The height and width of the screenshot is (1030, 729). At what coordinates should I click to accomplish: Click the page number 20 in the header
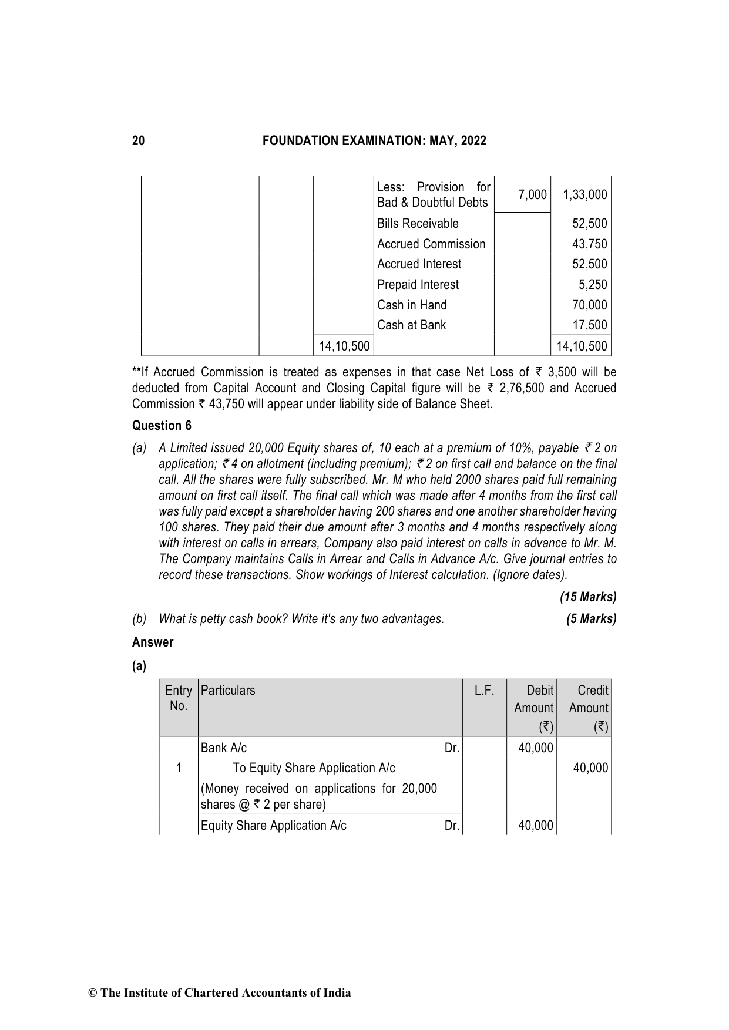[138, 141]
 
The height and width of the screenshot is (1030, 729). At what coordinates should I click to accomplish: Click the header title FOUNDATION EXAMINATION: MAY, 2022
[374, 141]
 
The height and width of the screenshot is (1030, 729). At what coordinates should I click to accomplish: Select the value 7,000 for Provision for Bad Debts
[532, 195]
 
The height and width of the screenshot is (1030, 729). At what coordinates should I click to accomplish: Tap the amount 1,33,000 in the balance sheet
[584, 195]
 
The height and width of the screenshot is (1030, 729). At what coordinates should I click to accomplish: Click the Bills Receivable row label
[418, 224]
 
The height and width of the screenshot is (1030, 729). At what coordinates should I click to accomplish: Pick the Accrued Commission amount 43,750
[589, 244]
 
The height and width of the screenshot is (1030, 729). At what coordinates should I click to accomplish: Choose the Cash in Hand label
[412, 305]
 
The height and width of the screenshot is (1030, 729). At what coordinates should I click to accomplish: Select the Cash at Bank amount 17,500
[589, 325]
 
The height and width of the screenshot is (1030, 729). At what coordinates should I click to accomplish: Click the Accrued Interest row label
[419, 264]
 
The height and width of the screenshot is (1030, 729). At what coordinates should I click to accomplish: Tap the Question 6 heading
[162, 426]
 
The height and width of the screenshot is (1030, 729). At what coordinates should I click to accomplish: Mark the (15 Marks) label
[587, 597]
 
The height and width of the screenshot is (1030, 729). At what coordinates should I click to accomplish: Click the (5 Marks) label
[591, 619]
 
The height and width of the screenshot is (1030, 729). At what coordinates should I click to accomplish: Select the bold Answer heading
[153, 642]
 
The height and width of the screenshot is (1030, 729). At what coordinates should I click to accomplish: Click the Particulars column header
[228, 691]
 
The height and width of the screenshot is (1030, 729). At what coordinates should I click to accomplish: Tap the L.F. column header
[484, 691]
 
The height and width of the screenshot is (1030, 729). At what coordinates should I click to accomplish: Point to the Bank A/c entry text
[224, 748]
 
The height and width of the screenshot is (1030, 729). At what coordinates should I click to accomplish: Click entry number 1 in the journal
[179, 768]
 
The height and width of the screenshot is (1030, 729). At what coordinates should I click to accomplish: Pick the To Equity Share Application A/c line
[314, 768]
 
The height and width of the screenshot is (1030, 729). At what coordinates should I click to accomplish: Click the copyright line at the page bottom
[219, 993]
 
